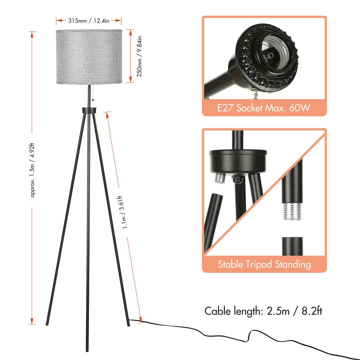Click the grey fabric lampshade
click(89, 56)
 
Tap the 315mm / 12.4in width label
click(89, 21)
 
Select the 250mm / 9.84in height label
click(139, 56)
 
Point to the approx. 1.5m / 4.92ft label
click(33, 171)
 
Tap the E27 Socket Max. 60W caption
click(264, 108)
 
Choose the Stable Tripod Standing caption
click(264, 264)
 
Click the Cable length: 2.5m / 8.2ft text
click(263, 311)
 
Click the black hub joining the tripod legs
click(89, 110)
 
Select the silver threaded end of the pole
click(292, 211)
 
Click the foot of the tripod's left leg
click(47, 323)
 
